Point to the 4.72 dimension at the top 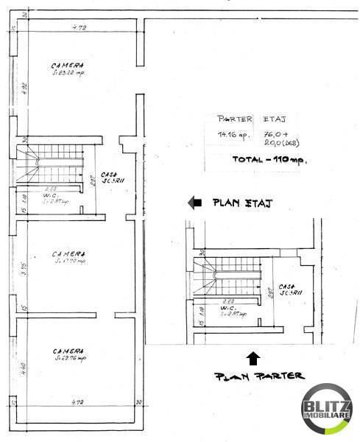[78, 27]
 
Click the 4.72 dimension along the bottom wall [78, 404]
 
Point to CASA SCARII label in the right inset [287, 290]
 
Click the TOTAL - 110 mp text [269, 159]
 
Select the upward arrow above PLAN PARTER [253, 358]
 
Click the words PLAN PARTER [258, 376]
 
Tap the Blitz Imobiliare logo [327, 409]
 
